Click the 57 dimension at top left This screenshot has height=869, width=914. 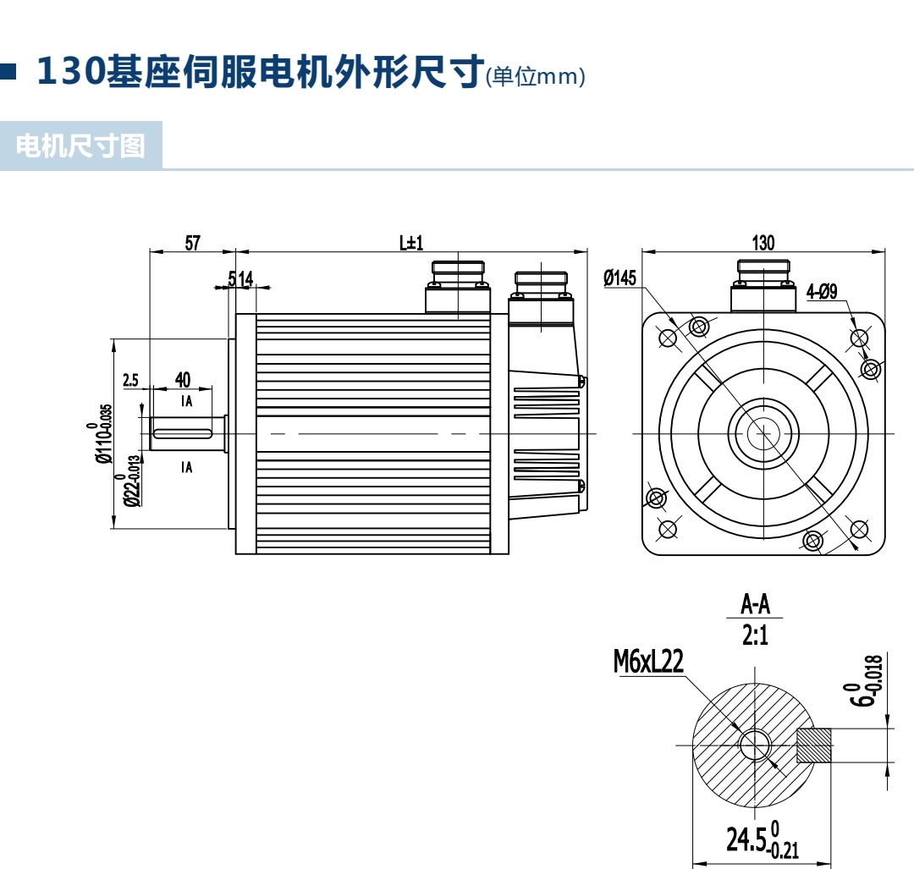(192, 243)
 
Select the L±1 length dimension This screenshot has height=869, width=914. (411, 243)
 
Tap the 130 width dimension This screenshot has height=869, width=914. (763, 243)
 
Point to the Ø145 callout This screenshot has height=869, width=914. (619, 278)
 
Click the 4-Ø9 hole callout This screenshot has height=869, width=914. (822, 291)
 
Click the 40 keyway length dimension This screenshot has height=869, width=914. (182, 379)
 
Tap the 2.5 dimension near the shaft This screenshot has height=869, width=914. (130, 380)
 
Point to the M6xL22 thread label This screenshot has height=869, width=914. (648, 662)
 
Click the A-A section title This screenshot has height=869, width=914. (756, 604)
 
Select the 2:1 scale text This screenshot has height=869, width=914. (756, 635)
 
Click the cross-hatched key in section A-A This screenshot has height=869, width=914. (815, 745)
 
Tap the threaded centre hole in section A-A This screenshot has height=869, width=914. (754, 745)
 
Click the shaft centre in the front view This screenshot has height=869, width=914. (763, 432)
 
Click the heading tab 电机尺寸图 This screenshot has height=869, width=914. (80, 146)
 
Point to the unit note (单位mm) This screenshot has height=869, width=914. (536, 77)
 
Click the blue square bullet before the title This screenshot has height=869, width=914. (8, 72)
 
